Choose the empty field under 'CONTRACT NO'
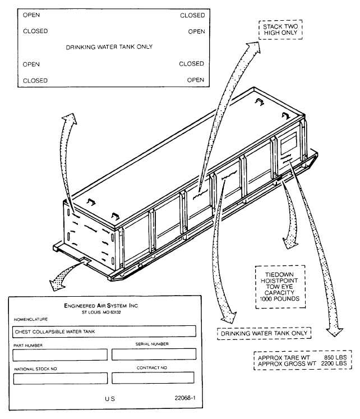154,378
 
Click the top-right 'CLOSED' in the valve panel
192,16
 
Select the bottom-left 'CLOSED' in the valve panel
35,80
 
